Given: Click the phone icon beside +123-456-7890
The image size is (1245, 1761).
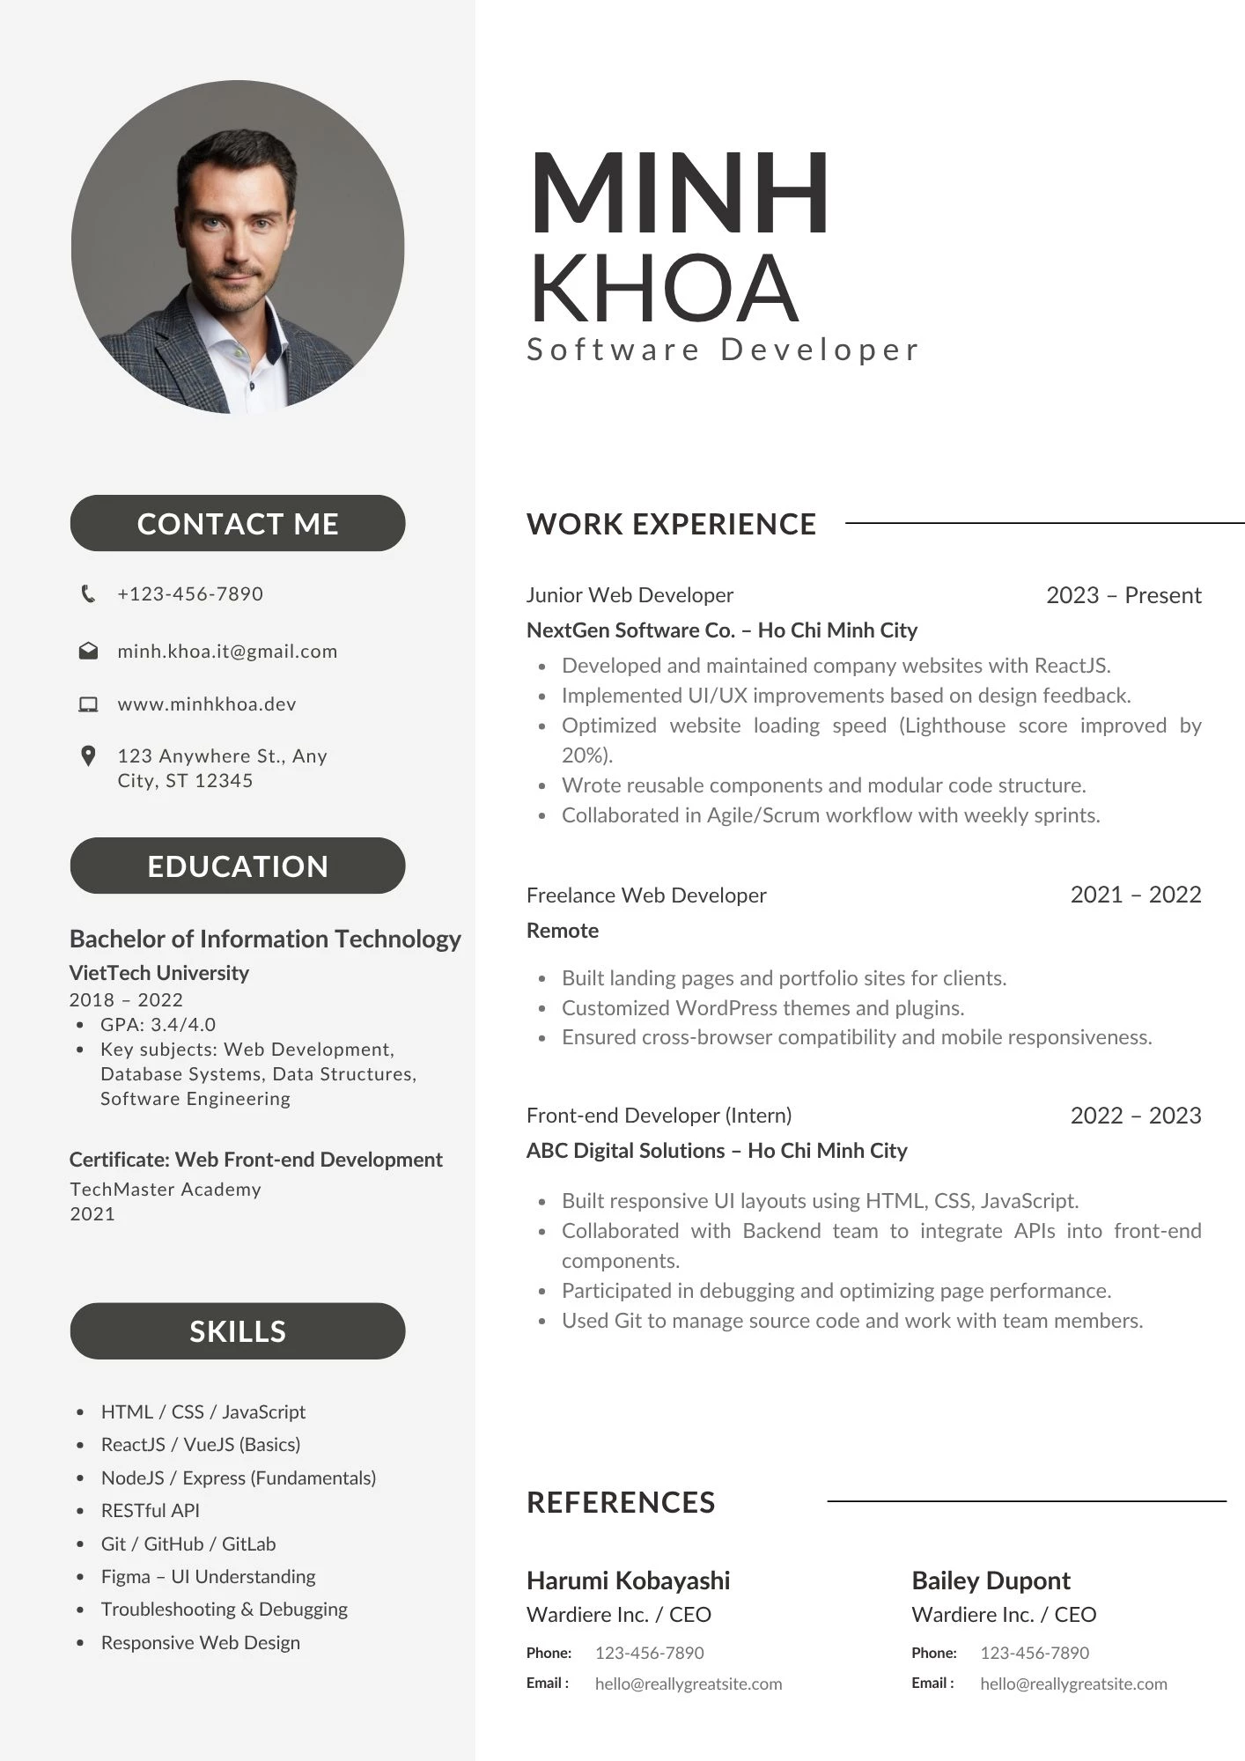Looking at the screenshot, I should [x=88, y=594].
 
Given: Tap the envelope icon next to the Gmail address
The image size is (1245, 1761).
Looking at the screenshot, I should [x=88, y=652].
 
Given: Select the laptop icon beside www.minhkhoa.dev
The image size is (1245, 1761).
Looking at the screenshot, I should [x=88, y=704].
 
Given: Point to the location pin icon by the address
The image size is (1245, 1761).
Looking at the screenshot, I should [x=88, y=756].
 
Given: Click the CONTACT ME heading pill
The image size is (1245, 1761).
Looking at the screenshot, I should [x=238, y=524].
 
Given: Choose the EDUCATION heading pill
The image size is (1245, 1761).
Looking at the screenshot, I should [x=238, y=866].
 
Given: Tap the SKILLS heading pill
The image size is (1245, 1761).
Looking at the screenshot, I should [x=238, y=1331].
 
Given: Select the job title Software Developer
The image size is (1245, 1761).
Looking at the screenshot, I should [x=722, y=350].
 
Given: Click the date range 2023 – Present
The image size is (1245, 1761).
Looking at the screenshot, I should [x=1123, y=596].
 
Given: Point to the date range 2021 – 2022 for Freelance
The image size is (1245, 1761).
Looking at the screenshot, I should [x=1135, y=895].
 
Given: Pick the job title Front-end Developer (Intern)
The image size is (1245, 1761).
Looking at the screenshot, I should [x=659, y=1116].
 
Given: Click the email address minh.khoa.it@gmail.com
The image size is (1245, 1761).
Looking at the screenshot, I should [x=227, y=652].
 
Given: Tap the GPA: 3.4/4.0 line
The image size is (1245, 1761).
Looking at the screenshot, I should [x=158, y=1025].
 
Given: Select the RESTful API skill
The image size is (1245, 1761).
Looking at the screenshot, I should [x=150, y=1511].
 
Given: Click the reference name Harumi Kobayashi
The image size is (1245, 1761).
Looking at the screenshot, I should [x=628, y=1581].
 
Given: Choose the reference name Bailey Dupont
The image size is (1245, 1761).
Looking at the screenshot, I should [x=991, y=1581].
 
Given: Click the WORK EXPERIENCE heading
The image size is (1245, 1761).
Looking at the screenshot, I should [x=671, y=525].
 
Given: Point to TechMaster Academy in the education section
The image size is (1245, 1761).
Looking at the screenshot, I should [x=166, y=1190].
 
